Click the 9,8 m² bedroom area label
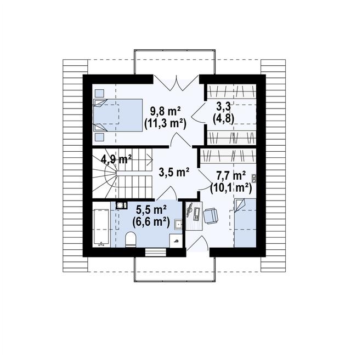click(165, 112)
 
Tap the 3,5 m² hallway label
click(174, 172)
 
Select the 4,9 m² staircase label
click(116, 159)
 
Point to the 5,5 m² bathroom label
click(151, 210)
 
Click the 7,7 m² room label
click(230, 176)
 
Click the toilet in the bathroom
click(131, 239)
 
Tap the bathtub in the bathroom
click(101, 228)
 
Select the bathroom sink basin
click(178, 224)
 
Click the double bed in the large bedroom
click(118, 115)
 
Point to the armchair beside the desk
click(210, 216)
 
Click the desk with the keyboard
click(194, 216)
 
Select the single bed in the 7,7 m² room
click(245, 223)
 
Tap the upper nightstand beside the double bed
click(100, 93)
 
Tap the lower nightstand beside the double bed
click(100, 137)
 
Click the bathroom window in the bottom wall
click(156, 252)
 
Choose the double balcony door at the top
click(177, 82)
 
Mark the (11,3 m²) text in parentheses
click(165, 124)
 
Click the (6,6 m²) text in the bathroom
click(151, 222)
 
